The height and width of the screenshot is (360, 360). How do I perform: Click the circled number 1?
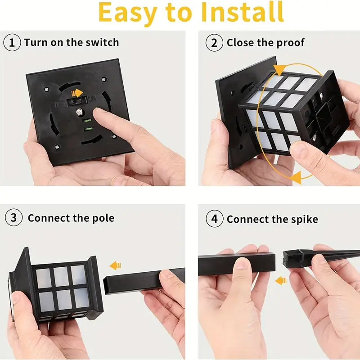(12, 42)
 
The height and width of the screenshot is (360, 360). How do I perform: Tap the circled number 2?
(214, 43)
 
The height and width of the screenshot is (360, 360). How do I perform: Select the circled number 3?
(13, 217)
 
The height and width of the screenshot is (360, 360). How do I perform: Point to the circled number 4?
(215, 219)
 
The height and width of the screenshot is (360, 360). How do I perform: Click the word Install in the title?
(242, 12)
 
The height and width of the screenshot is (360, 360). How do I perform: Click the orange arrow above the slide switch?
(77, 93)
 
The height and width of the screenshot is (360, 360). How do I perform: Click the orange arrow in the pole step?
(115, 265)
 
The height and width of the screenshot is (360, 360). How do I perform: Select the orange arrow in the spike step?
(281, 280)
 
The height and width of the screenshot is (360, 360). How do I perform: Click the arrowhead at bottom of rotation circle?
(296, 177)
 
